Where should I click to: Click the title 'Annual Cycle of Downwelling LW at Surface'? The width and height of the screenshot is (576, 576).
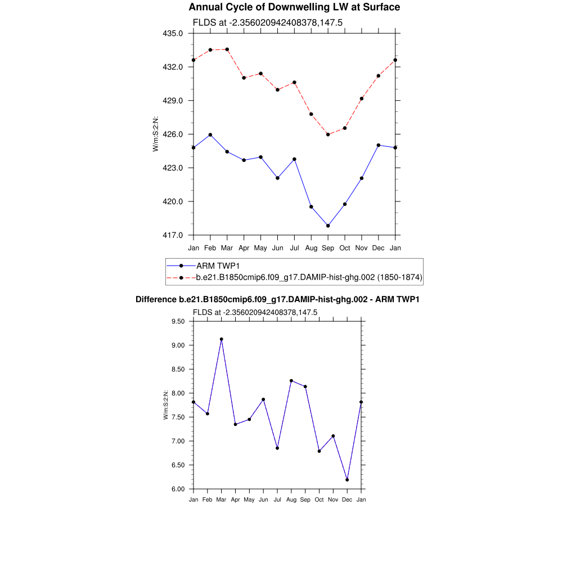point(294,7)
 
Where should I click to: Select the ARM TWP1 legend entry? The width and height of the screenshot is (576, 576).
point(220,265)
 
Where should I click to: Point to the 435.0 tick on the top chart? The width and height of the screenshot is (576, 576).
point(173,33)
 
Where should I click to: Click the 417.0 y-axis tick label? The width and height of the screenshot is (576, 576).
point(173,235)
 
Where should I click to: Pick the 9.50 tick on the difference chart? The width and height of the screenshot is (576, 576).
point(178,321)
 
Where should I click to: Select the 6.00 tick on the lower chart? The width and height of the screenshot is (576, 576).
point(178,489)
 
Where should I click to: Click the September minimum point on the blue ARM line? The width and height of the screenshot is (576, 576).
point(328,226)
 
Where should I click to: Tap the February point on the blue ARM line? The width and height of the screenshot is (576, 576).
point(210,134)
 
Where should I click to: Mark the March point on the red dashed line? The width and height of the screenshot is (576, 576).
point(227,49)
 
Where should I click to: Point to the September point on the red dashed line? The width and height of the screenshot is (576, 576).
point(328,134)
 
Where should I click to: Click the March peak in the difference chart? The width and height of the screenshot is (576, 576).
point(222,339)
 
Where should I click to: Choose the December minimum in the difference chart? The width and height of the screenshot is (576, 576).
point(348,480)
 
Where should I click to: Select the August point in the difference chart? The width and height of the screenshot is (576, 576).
point(291,381)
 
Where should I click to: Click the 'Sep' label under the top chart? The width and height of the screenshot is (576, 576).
point(328,248)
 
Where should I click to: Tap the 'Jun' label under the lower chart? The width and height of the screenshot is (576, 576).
point(263,499)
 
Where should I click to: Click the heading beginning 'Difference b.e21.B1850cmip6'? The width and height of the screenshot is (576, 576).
point(277,300)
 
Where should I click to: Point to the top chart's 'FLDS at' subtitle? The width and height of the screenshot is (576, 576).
point(268,22)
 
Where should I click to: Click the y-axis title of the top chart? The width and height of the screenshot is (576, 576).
point(156,134)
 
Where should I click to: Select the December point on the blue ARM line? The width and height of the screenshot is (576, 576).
point(379,145)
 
